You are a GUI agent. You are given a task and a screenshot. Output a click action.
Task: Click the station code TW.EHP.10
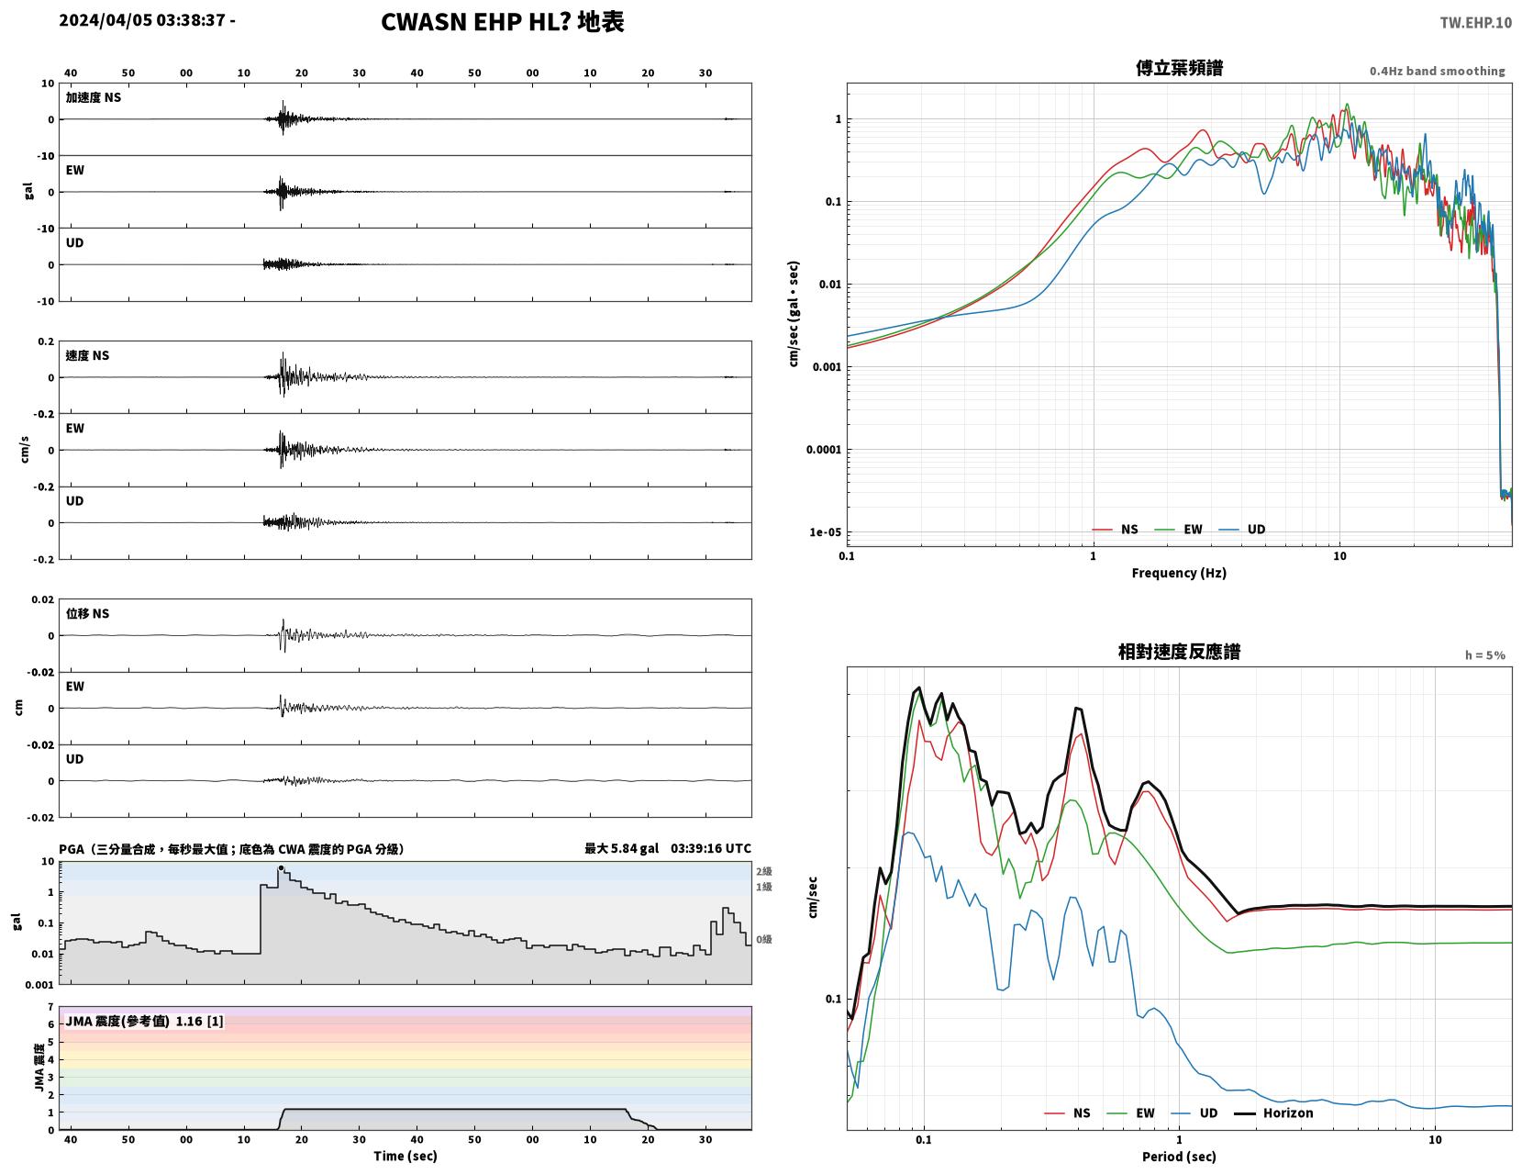coord(1475,22)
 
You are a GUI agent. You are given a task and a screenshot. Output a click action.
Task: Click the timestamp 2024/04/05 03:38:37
coord(141,20)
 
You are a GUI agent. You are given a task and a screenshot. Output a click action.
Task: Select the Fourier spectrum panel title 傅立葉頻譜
coord(1179,68)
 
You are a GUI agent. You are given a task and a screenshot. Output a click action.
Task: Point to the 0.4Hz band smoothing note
coord(1437,71)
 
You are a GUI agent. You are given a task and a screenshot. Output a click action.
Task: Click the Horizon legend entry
coord(1272,1113)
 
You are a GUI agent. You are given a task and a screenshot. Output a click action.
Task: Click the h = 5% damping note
coord(1484,655)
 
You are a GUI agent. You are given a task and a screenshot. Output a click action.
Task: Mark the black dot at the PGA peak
coord(281,868)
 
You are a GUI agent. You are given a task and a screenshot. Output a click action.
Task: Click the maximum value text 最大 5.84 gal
coord(621,848)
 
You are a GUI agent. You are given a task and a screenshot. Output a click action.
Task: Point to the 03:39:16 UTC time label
coord(710,848)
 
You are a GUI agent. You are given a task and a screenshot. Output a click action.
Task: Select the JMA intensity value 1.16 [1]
coord(199,1021)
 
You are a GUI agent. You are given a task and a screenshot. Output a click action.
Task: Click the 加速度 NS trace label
coord(94,97)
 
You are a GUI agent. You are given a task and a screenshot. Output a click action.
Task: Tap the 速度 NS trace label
coord(87,355)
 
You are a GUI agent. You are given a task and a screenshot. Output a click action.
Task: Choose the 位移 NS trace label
coord(87,613)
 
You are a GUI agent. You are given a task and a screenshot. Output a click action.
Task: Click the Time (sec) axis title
coord(405,1156)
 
